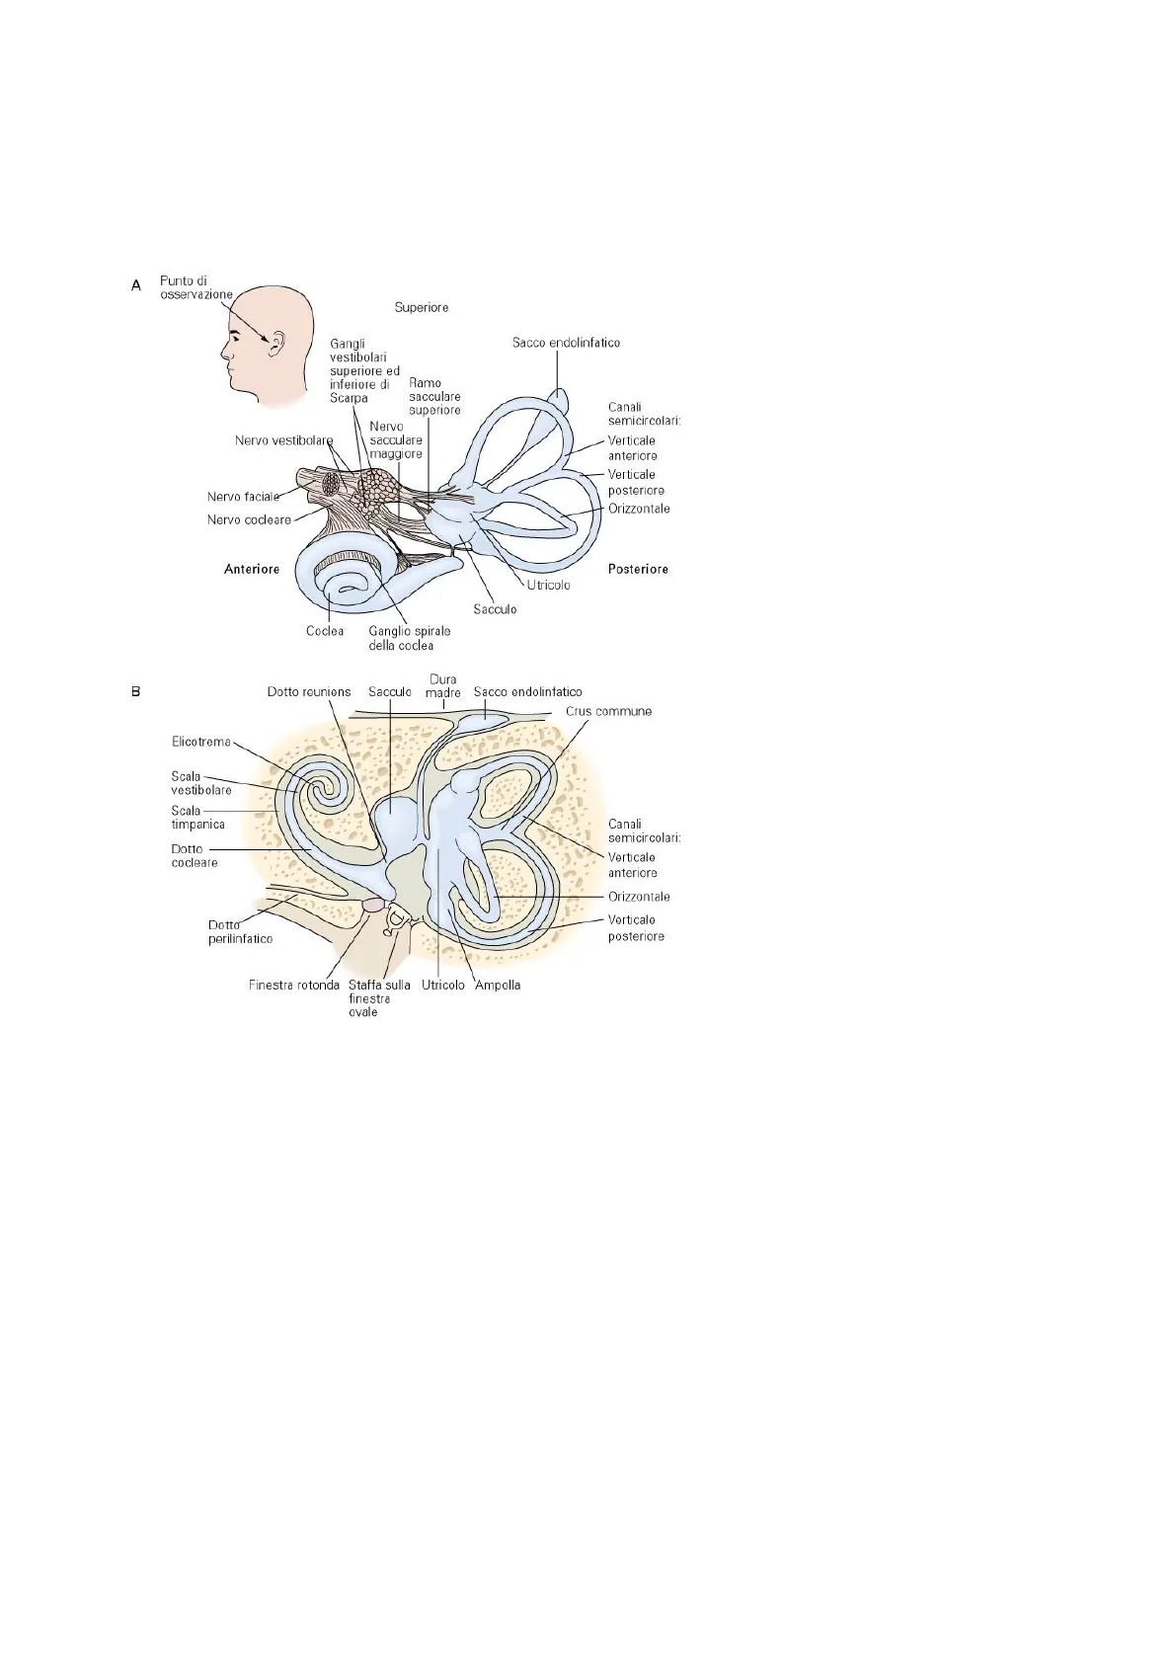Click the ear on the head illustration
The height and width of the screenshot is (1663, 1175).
pos(276,343)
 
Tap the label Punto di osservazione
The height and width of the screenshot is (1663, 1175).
pos(196,287)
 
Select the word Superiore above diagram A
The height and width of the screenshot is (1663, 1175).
pos(422,307)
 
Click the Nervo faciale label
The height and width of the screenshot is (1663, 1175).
pos(244,497)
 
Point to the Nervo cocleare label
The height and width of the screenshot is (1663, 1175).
pos(249,519)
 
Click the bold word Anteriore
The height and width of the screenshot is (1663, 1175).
pos(252,570)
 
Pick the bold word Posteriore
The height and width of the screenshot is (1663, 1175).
pos(638,570)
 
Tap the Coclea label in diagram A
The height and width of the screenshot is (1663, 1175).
pos(325,631)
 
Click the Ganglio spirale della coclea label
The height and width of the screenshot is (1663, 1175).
pos(410,639)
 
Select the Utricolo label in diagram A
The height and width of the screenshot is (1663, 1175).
pos(549,585)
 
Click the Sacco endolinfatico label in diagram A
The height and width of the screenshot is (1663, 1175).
pos(566,343)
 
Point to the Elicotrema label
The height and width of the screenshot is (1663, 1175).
pos(201,742)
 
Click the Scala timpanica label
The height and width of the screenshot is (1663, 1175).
pos(197,818)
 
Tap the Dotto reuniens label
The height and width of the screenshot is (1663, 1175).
pos(309,692)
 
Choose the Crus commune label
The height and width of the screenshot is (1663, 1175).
pos(608,711)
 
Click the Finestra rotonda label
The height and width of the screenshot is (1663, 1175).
pos(294,986)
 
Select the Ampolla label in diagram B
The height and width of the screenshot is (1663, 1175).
pos(498,986)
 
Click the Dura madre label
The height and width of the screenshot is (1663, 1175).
pos(443,686)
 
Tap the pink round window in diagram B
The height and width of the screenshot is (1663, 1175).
pos(372,905)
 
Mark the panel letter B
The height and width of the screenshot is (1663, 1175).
pos(136,692)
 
